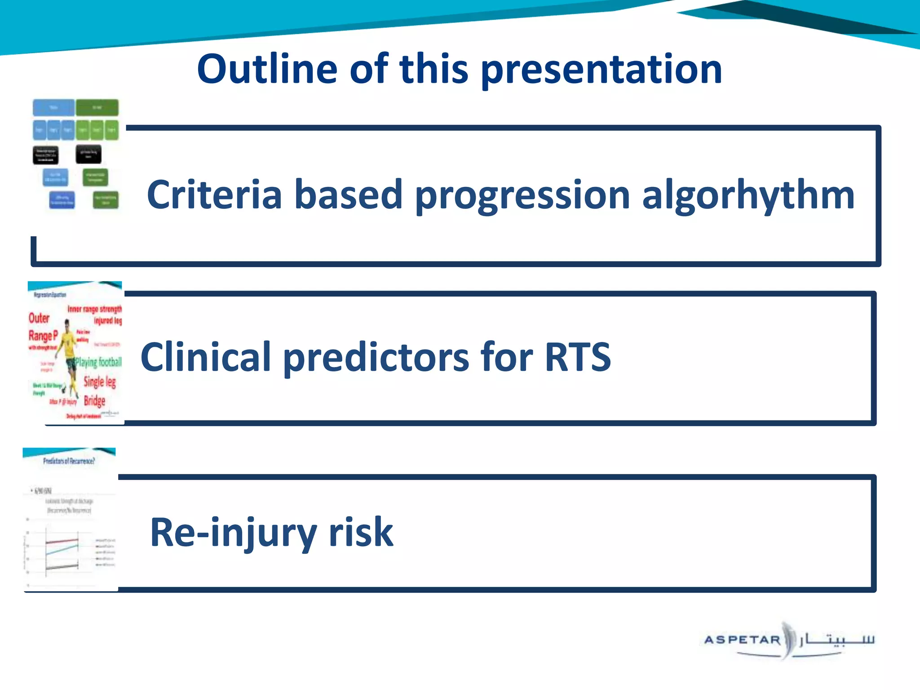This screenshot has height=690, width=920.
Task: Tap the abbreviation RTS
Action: coord(578,357)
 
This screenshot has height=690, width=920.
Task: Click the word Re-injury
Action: coord(233,533)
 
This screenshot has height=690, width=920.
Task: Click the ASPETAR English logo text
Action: coord(742,640)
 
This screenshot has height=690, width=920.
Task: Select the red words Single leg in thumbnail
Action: coord(100,382)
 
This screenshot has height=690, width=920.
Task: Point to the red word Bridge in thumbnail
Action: coord(94,400)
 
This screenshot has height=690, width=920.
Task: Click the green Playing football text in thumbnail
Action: coord(98,362)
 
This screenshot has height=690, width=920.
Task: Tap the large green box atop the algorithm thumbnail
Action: coord(97,108)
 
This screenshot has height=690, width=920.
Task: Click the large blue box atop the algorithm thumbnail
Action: coord(53,108)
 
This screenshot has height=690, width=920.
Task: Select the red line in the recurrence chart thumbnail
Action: coord(62,541)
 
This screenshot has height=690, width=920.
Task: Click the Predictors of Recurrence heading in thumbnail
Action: coord(69,461)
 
